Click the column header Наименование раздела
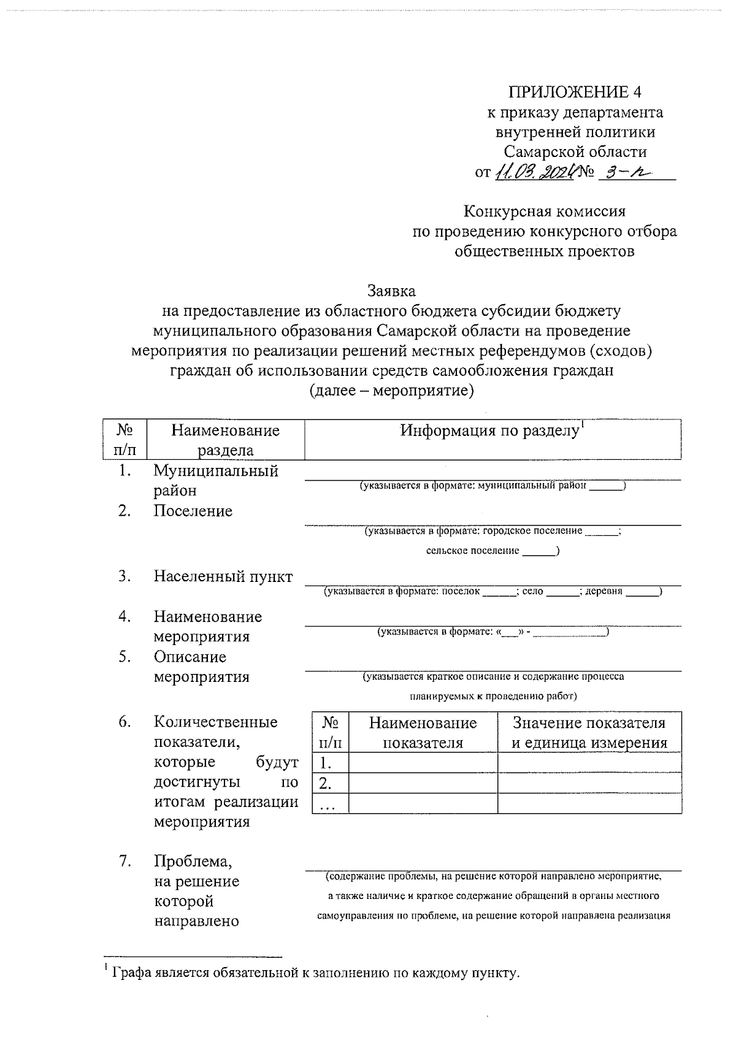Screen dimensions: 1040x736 pos(225,440)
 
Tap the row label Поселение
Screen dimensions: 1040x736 pos(193,511)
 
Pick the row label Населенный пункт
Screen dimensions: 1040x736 pos(223,576)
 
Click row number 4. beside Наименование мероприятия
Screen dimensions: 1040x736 pos(125,617)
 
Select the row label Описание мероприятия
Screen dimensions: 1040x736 pos(201,667)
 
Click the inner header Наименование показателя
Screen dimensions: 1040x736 pos(423,733)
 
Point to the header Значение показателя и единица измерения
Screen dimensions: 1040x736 pos(589,733)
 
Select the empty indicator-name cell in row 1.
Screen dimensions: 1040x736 pos(423,763)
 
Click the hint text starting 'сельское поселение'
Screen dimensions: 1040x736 pos(493,551)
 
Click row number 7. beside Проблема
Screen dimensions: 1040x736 pos(125,862)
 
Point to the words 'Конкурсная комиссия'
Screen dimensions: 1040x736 pos(544,212)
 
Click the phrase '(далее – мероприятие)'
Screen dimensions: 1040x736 pos(391,391)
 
